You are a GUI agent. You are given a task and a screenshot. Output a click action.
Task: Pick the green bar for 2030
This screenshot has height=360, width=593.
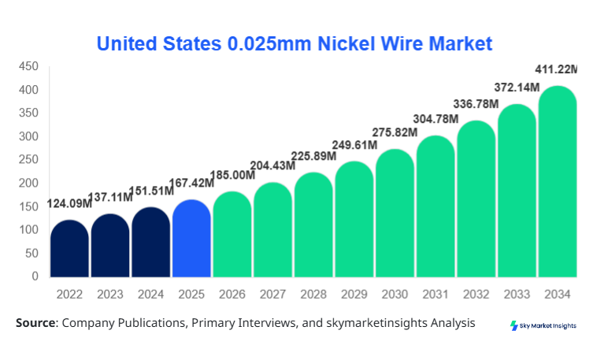[x=395, y=213]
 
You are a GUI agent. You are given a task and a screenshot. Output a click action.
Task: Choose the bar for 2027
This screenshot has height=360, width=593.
[x=273, y=229]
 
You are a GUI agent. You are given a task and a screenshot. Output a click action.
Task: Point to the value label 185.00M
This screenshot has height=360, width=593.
[x=232, y=174]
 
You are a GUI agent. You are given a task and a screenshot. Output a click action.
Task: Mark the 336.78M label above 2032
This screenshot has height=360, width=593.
[x=476, y=104]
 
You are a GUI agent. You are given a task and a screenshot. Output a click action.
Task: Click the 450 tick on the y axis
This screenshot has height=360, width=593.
[x=29, y=66]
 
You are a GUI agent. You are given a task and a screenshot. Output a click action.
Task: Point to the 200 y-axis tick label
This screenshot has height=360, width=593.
[x=29, y=183]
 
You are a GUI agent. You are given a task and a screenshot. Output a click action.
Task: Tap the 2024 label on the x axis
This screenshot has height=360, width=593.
[x=151, y=294]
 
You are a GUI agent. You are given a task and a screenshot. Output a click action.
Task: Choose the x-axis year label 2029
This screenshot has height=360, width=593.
[x=354, y=294]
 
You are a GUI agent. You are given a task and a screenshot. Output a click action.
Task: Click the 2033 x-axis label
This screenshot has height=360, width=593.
[x=517, y=294]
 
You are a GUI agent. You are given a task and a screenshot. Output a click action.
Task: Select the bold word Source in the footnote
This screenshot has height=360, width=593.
[x=35, y=323]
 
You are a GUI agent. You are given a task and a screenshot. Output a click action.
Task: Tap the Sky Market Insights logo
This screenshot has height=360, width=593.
[x=543, y=325]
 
